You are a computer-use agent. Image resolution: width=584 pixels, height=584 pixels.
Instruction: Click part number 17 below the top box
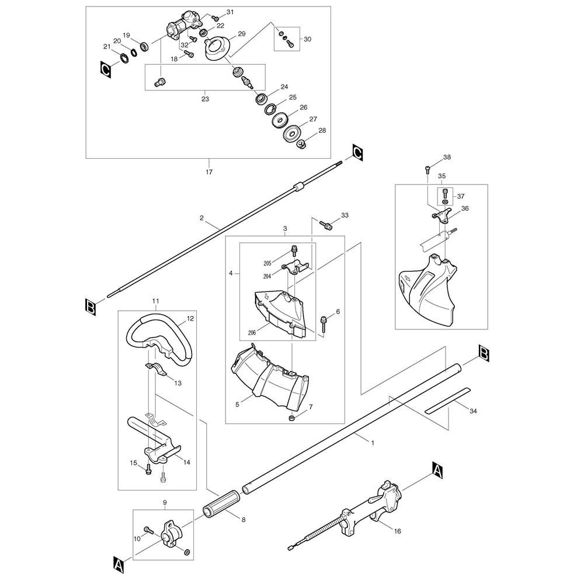click(x=210, y=172)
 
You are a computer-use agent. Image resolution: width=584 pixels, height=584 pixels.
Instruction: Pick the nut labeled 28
click(x=302, y=144)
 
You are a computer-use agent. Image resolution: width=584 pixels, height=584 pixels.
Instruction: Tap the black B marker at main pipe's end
click(x=484, y=352)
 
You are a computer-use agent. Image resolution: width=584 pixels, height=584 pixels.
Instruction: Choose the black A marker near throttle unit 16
click(x=437, y=467)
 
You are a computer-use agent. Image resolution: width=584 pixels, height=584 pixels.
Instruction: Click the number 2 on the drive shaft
click(x=201, y=218)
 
